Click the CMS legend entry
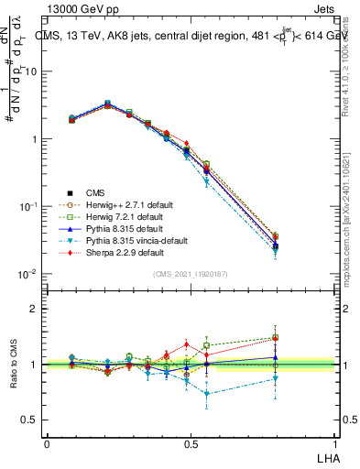pyautogui.click(x=95, y=192)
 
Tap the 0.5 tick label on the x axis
pyautogui.click(x=190, y=442)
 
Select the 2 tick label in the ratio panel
pyautogui.click(x=34, y=309)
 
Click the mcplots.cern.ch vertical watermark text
pyautogui.click(x=350, y=183)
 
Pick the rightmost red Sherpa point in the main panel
pyautogui.click(x=276, y=236)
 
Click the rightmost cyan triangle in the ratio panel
pyautogui.click(x=276, y=377)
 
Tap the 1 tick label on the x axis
pyautogui.click(x=333, y=442)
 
